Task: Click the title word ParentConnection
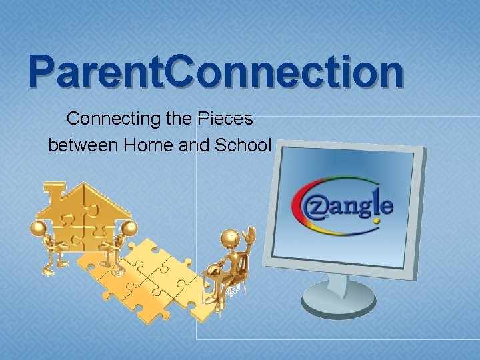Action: [215, 73]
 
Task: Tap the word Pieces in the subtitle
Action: [225, 119]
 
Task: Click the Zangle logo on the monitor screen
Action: [342, 203]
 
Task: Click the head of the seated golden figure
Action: [230, 237]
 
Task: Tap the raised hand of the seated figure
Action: [251, 233]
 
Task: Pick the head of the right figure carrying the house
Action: [130, 229]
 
